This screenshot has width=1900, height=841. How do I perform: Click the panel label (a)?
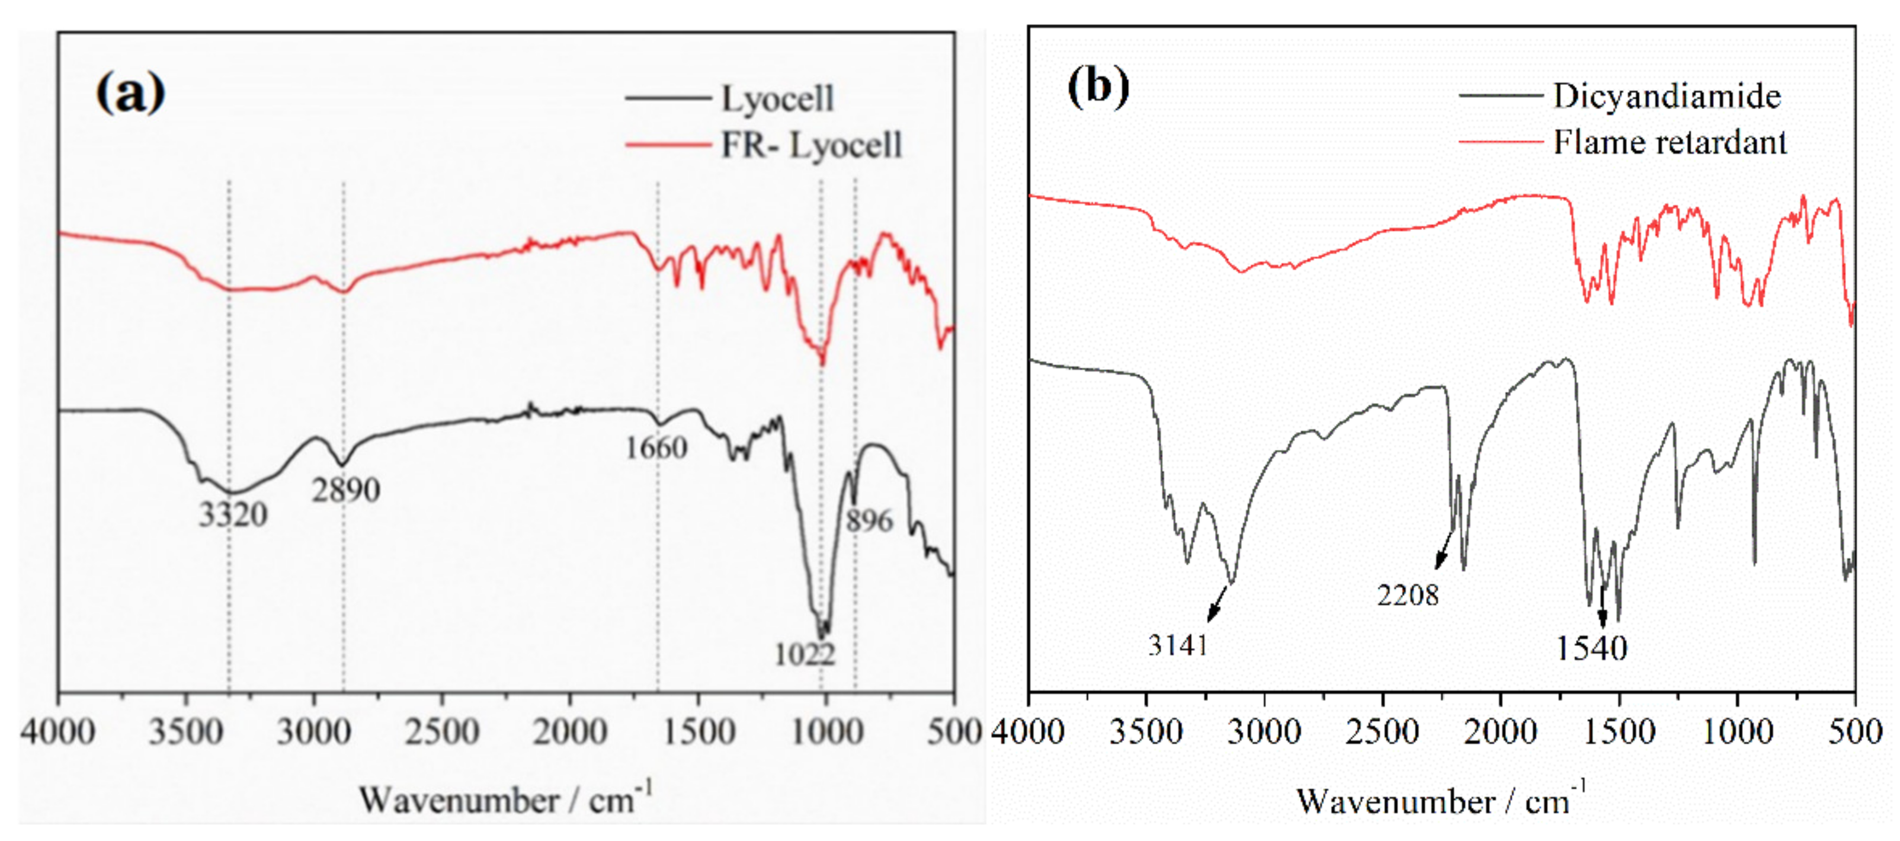pos(130,93)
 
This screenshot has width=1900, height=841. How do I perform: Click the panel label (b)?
pos(1098,87)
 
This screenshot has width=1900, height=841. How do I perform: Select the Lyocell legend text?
pos(777,98)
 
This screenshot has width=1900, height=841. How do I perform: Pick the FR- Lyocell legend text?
pos(810,145)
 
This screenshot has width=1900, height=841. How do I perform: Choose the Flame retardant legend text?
pos(1670,142)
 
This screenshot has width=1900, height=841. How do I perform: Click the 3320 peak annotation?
pos(233,515)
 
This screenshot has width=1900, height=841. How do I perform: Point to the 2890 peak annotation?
pos(345,490)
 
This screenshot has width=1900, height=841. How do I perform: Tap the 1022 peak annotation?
pos(804,654)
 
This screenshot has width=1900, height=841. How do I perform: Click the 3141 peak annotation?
pos(1178,645)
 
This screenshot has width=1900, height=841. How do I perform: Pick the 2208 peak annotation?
pos(1407,594)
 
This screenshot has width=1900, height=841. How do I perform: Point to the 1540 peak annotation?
pos(1591,648)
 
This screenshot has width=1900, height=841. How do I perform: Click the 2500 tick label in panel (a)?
pos(442,732)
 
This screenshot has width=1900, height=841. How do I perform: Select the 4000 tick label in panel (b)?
pos(1027,732)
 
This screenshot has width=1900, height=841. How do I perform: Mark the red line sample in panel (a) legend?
pos(668,145)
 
